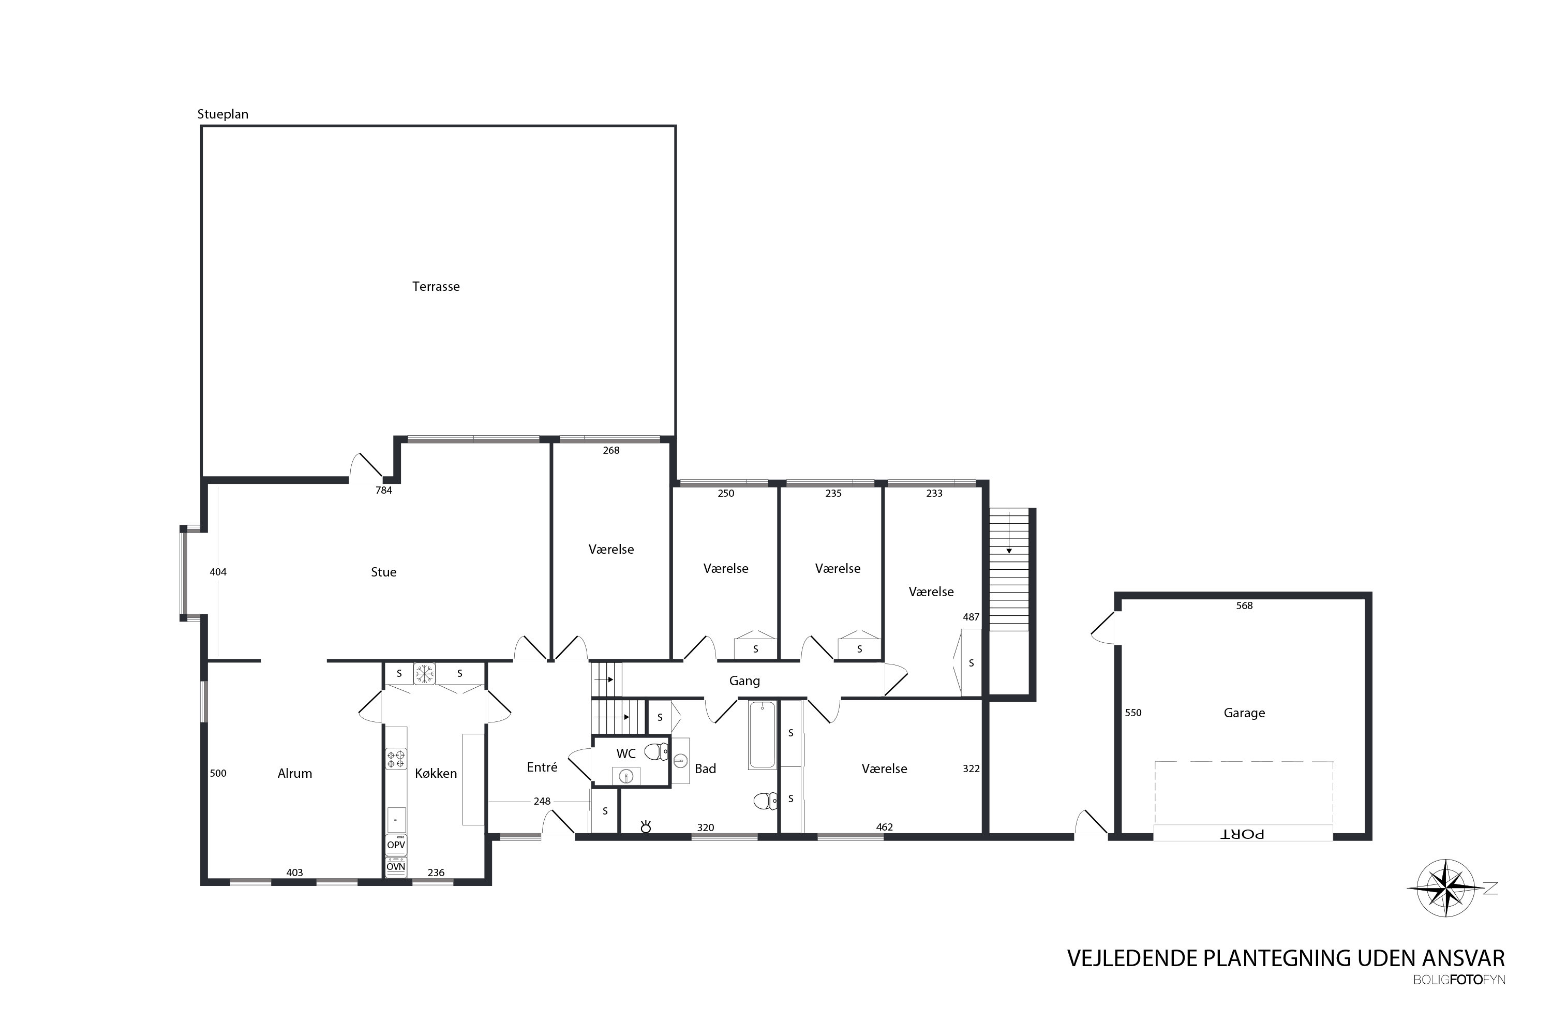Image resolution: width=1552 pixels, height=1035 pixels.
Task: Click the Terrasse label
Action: [436, 287]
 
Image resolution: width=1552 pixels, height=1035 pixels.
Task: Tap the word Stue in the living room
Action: [383, 572]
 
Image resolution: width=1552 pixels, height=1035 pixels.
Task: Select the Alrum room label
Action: [294, 774]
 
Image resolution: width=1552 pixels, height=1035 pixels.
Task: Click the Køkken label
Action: [436, 774]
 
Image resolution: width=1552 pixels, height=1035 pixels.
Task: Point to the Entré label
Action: [542, 767]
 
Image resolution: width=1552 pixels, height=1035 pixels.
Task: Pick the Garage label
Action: [1245, 713]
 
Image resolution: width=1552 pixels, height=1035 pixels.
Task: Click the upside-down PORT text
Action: [1243, 834]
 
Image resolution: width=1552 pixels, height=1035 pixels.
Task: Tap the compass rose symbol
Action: [1446, 889]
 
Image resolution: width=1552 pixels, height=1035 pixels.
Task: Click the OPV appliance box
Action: [396, 845]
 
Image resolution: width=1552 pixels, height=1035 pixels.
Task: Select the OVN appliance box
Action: [396, 867]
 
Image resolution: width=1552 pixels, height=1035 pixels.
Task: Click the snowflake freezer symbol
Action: [424, 674]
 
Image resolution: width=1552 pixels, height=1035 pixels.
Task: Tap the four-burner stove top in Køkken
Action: [396, 759]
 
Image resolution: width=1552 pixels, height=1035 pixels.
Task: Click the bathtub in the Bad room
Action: [762, 735]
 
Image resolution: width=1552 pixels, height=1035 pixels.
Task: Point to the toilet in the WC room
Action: [656, 752]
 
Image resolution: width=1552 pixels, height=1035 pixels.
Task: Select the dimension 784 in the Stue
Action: [383, 491]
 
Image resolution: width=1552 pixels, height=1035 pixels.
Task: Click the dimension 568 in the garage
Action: [1245, 605]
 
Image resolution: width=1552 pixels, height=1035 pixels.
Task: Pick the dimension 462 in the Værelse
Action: [884, 827]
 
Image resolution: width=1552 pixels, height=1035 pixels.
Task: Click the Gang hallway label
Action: [744, 681]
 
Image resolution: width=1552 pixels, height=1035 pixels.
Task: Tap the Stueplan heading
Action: [223, 114]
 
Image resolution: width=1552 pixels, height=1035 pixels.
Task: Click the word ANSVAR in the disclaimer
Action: [1464, 958]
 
